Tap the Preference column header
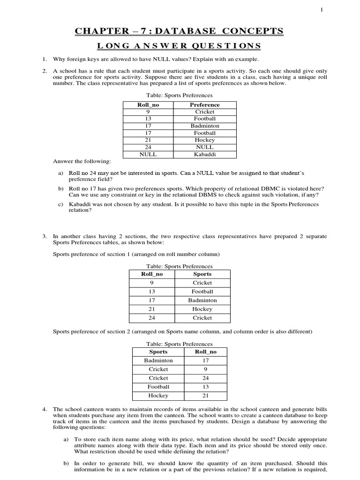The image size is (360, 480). (x=205, y=105)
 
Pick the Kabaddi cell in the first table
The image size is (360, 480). (x=205, y=154)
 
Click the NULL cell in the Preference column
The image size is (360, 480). (x=205, y=147)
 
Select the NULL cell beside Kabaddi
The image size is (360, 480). (x=148, y=154)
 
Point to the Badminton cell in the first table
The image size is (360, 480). (x=205, y=126)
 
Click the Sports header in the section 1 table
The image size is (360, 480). (x=202, y=274)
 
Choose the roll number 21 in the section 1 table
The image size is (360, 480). (x=151, y=309)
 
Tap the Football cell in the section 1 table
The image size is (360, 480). (x=202, y=292)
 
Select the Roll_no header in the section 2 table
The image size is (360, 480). (x=205, y=352)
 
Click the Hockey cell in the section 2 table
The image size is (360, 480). (x=158, y=396)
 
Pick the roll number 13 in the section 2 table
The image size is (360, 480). (x=205, y=387)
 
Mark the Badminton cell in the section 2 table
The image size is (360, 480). (x=158, y=360)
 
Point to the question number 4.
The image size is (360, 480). (x=44, y=409)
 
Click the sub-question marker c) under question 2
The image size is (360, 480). (x=60, y=204)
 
